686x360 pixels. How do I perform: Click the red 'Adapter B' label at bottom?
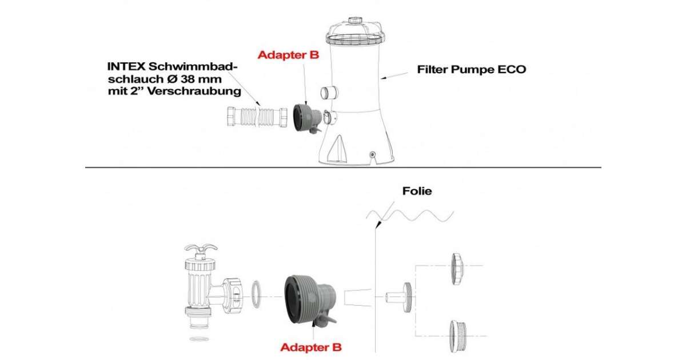[x=311, y=347]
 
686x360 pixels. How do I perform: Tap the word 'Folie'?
[x=416, y=191]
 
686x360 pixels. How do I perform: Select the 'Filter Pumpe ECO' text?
[x=472, y=70]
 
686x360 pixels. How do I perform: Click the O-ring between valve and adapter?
[x=257, y=292]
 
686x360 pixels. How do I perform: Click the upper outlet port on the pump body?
[x=330, y=92]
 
